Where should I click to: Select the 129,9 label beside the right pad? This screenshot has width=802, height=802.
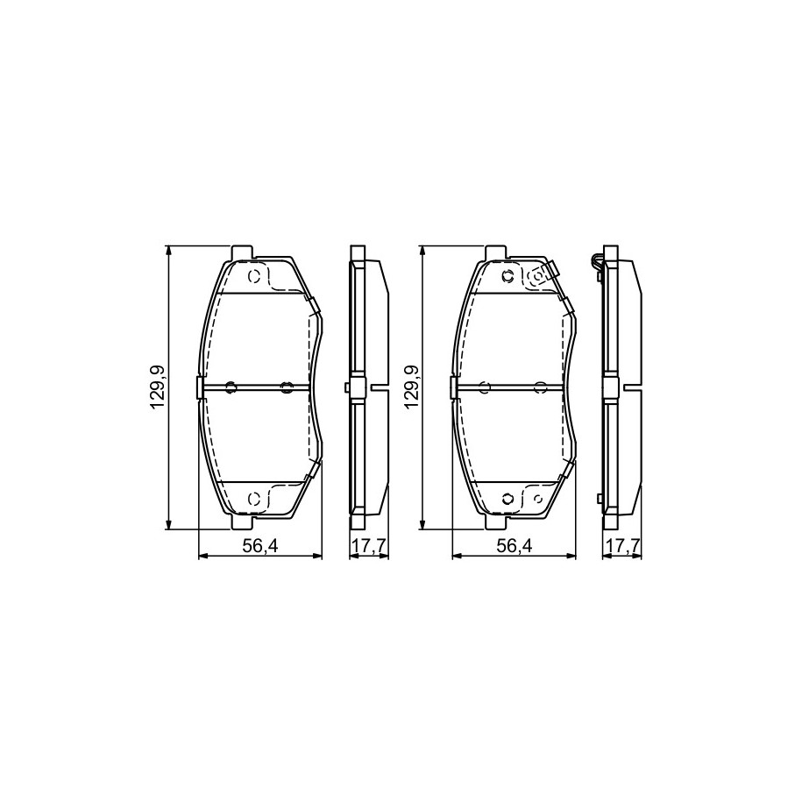410,387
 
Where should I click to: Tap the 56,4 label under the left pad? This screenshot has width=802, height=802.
259,546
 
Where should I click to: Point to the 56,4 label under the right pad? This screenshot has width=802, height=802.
515,546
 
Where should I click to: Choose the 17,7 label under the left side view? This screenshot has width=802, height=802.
369,546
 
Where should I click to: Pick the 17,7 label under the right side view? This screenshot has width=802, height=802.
622,546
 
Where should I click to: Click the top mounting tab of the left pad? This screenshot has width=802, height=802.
242,252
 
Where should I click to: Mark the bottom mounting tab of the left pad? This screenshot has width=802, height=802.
242,522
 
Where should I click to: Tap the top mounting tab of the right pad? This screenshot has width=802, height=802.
495,252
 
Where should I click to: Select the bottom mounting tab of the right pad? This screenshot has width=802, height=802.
495,522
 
